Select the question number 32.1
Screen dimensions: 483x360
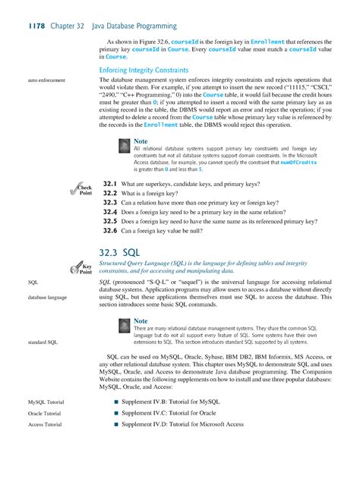109,185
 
